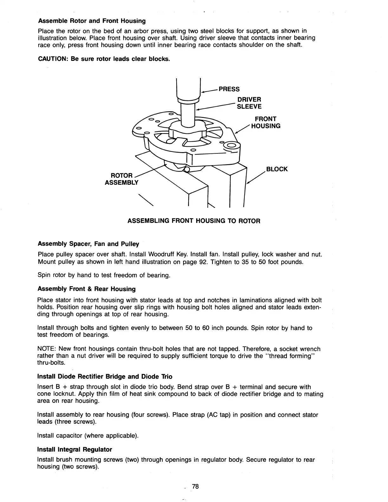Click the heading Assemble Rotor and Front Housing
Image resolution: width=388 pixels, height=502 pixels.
92,21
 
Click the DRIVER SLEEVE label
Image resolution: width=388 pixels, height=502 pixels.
249,103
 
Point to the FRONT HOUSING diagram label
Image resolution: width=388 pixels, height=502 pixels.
266,122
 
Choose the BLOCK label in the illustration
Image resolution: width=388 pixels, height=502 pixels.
277,169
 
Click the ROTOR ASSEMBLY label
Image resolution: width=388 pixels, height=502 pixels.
122,179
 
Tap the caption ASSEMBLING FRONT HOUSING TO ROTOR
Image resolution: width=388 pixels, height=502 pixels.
194,221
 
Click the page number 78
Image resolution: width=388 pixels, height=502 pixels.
195,486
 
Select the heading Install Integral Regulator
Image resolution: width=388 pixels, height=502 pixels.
74,449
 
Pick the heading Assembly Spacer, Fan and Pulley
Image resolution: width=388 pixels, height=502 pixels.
88,244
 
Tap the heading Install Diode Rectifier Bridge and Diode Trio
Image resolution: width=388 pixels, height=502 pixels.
105,376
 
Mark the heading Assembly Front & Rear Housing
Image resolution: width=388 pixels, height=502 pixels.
86,289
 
